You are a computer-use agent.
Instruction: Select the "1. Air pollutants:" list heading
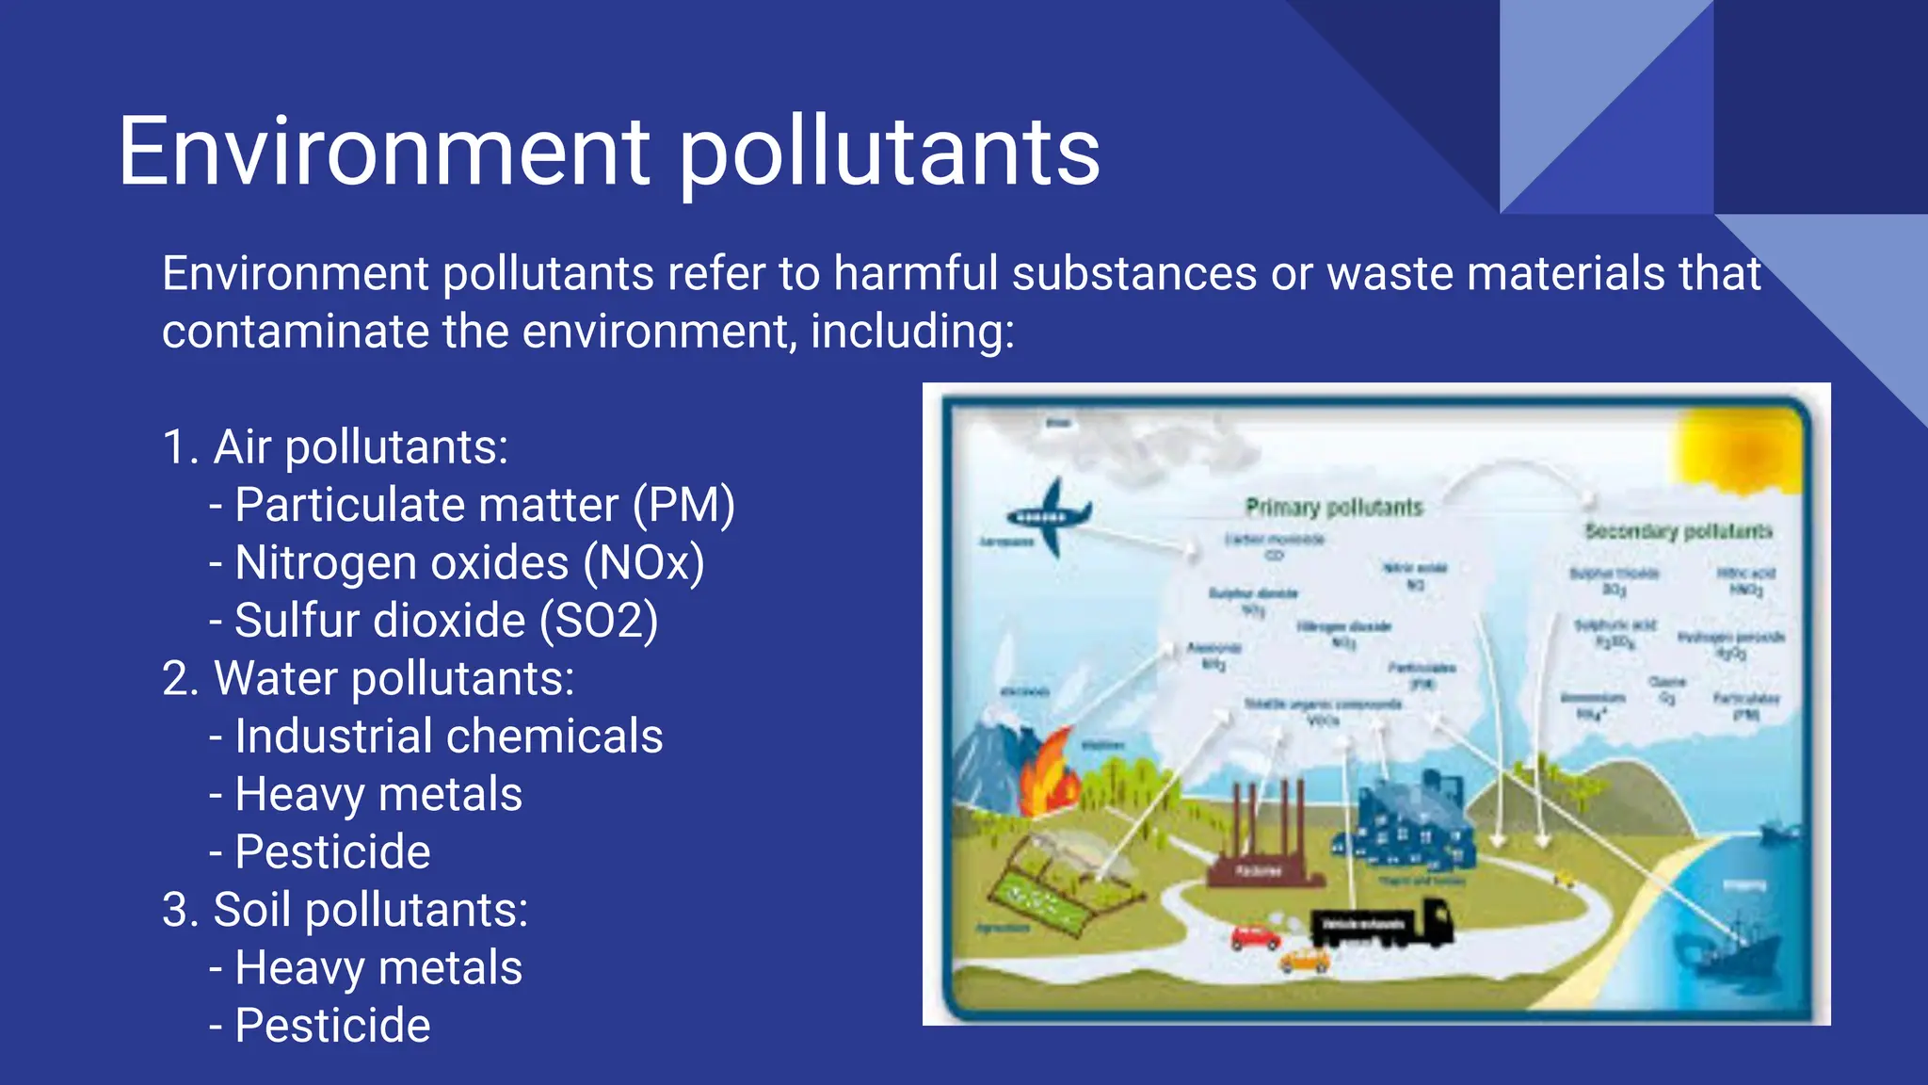click(335, 446)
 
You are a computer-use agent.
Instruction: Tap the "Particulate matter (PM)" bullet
click(484, 505)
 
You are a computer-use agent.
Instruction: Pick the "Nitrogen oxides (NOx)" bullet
click(469, 563)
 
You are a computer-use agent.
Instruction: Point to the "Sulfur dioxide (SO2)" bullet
click(445, 621)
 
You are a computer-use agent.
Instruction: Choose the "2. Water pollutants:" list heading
click(368, 678)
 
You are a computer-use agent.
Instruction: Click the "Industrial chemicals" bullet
click(448, 737)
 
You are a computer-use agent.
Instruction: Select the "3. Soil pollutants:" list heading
click(345, 910)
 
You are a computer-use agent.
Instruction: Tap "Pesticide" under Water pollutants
click(332, 852)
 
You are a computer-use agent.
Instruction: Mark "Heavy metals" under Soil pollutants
click(378, 968)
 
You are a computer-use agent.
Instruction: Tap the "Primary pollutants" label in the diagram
click(1334, 508)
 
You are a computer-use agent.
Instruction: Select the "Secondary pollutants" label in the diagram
click(1678, 531)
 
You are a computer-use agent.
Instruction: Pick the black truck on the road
click(1382, 922)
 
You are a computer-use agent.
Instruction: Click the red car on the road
click(1255, 937)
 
